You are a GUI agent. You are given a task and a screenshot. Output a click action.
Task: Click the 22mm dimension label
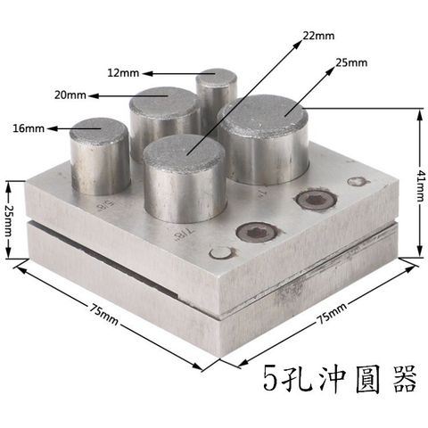(x=318, y=36)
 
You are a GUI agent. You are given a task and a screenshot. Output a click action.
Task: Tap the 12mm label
(x=123, y=73)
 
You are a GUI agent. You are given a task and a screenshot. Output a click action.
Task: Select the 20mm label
(x=70, y=95)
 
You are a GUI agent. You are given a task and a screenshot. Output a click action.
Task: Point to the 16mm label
(x=29, y=128)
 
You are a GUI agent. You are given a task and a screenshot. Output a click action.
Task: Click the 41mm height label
(x=420, y=185)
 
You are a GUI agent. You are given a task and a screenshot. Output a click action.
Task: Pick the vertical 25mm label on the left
(x=8, y=220)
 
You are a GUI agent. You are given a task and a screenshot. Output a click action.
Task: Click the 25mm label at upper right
(x=351, y=62)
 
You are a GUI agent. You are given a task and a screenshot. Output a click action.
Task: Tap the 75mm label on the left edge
(x=103, y=314)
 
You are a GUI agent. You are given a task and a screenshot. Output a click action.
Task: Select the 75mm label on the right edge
(x=332, y=314)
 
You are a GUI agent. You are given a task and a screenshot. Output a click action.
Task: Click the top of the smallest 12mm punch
(x=217, y=76)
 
